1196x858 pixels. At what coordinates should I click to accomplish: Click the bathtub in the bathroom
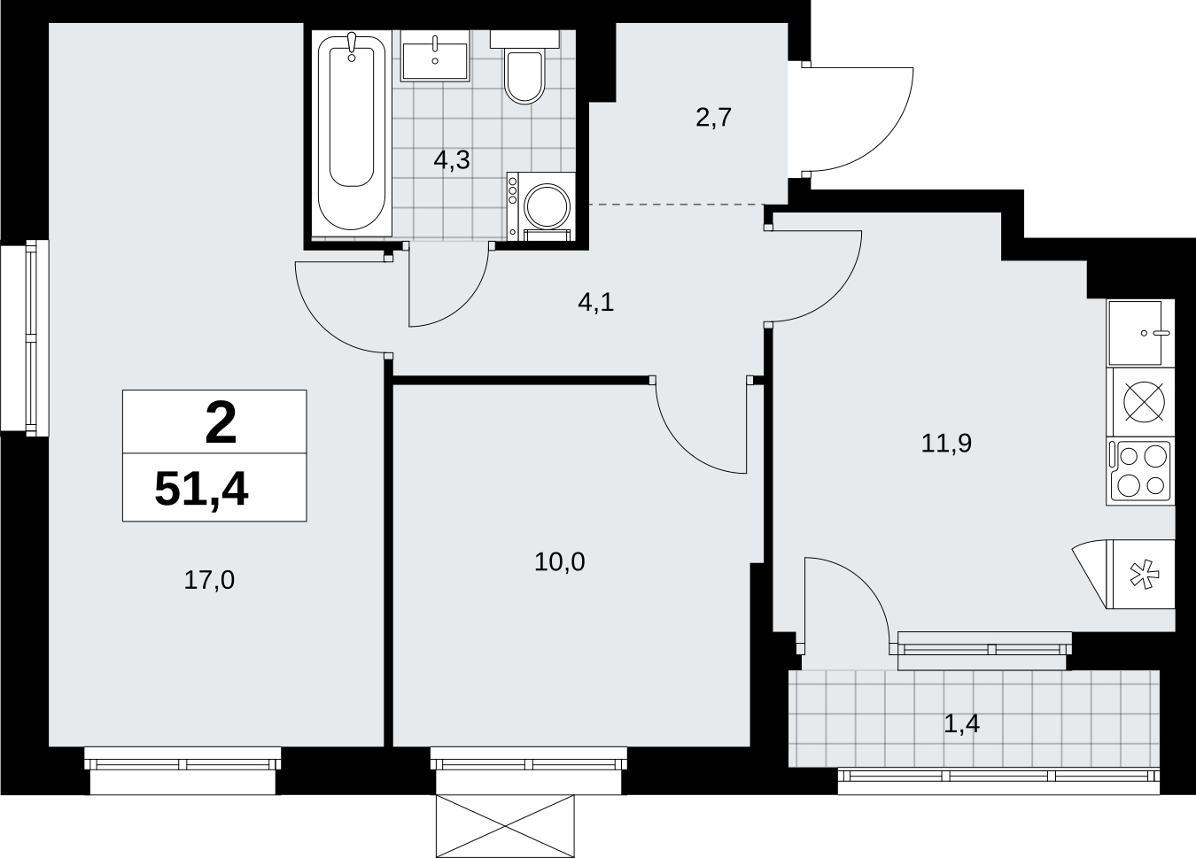[352, 134]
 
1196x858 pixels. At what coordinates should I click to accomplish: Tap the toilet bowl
[524, 76]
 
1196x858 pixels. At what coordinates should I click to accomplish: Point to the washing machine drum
[548, 205]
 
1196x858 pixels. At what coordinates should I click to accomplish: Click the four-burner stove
[1140, 471]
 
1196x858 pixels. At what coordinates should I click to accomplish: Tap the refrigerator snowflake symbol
[1146, 575]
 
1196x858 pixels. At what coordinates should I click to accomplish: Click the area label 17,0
[209, 580]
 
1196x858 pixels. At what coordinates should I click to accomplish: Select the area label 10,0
[560, 562]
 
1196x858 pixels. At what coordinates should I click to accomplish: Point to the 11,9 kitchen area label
[947, 444]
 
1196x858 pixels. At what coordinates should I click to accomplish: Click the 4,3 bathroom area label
[452, 159]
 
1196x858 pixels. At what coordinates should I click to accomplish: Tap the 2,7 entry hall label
[713, 118]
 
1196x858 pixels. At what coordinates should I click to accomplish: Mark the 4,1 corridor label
[596, 303]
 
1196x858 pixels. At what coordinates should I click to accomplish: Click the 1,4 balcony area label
[961, 723]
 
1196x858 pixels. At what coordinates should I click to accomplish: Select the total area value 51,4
[201, 490]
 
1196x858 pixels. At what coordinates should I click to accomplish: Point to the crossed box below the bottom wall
[505, 826]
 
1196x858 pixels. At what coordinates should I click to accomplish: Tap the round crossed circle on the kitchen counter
[1145, 402]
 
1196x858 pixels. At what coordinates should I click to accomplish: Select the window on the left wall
[25, 337]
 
